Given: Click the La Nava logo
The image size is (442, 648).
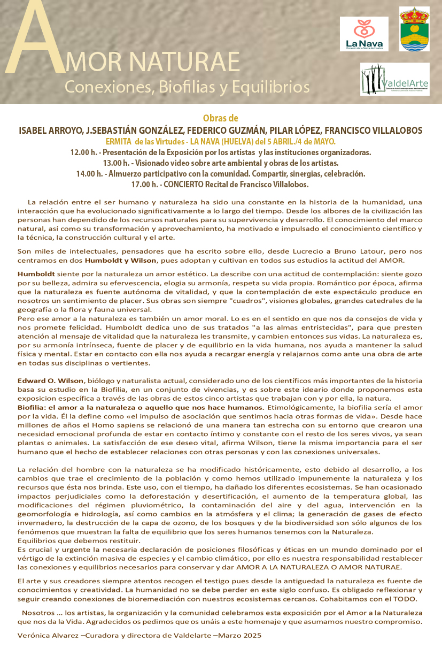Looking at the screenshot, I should coord(363,34).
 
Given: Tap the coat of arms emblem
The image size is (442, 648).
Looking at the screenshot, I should coord(414,29).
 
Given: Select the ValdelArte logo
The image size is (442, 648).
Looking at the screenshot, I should coord(394,79).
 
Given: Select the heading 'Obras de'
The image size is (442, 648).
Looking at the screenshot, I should coord(221,118).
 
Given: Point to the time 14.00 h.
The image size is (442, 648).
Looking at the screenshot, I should coord(89,174).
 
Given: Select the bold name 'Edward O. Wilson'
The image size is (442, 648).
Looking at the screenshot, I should coord(51,380).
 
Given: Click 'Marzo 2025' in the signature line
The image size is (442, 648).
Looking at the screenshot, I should coord(240,635).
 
